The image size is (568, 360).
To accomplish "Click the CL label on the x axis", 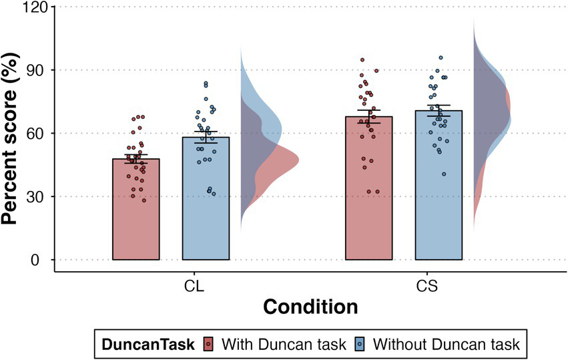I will [194, 286].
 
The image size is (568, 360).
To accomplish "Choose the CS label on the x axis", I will [427, 286].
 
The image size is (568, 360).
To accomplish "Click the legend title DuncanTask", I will [149, 344].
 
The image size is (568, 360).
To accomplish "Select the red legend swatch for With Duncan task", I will [208, 344].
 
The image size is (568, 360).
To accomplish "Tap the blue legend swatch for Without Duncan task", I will [360, 344].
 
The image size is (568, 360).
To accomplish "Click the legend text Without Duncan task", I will [446, 344].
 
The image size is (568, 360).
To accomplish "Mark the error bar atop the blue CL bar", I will [206, 137].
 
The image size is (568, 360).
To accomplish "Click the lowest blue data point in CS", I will [444, 174].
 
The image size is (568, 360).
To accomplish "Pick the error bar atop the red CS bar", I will [368, 116].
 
